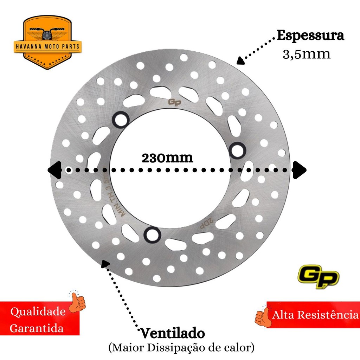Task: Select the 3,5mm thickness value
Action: [x=307, y=54]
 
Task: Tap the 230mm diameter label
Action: [x=167, y=158]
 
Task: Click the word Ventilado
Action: [x=172, y=333]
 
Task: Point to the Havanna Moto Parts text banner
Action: [x=47, y=47]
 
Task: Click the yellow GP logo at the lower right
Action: [x=319, y=276]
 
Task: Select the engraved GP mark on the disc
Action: [x=174, y=102]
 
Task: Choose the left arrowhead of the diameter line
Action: [x=54, y=170]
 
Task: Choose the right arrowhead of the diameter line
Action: [x=300, y=170]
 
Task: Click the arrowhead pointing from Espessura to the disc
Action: [x=240, y=60]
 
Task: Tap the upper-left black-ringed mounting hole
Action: [x=121, y=120]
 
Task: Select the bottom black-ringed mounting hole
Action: [x=152, y=234]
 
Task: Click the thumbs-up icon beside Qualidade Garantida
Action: [x=77, y=301]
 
